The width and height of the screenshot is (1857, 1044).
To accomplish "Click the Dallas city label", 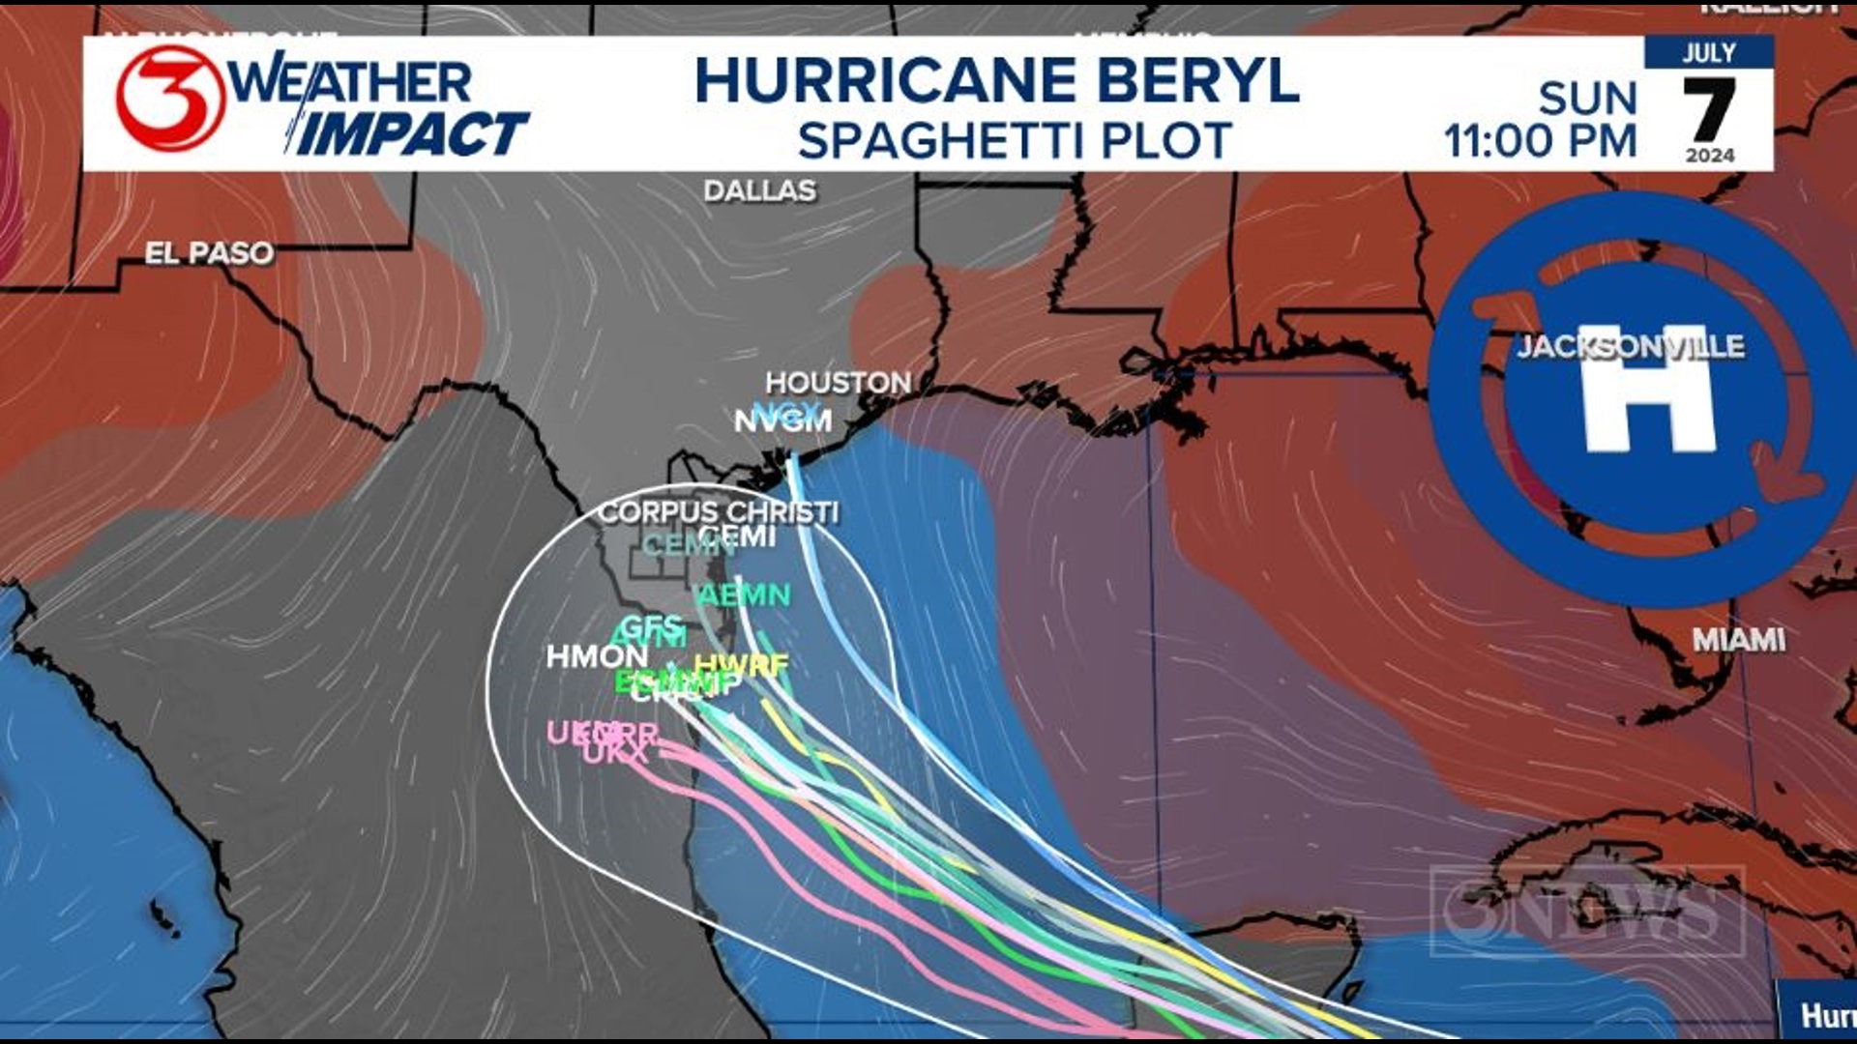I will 759,190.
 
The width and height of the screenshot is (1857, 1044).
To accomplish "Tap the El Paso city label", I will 209,253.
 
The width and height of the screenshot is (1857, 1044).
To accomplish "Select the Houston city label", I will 838,383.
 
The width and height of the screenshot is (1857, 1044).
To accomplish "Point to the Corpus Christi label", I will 718,511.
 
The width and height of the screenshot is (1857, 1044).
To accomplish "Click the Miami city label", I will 1738,639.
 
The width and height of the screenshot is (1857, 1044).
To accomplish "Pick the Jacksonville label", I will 1630,346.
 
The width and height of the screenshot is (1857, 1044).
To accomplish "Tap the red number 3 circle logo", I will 170,98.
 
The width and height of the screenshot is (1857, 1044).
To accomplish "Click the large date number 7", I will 1709,109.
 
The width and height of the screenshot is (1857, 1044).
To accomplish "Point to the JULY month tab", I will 1709,52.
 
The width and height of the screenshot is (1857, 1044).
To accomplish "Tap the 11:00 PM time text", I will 1540,141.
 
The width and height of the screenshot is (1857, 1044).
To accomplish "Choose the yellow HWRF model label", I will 743,664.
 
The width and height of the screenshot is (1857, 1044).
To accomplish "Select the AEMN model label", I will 745,595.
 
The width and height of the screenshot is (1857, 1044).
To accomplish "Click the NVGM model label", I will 782,421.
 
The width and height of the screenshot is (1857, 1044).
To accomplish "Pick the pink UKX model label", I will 615,753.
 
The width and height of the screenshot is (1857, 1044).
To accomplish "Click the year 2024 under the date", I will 1709,156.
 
